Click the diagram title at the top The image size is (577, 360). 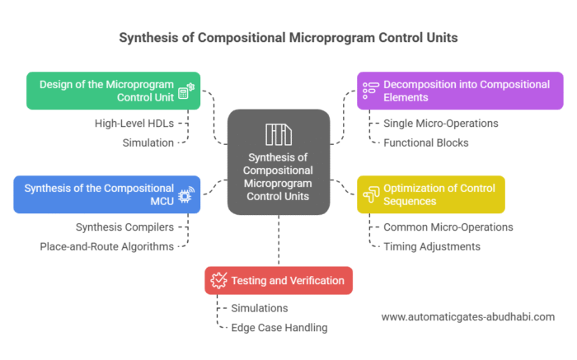point(288,37)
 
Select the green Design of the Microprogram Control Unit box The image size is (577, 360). point(113,91)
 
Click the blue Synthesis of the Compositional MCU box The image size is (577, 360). point(106,194)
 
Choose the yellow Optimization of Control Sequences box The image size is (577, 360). point(430,194)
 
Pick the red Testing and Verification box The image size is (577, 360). point(279,280)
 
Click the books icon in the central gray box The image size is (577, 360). point(278,134)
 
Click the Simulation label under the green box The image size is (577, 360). point(149,143)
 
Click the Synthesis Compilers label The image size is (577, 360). point(125,227)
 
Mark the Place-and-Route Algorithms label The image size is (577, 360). point(107,246)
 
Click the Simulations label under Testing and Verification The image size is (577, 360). point(259,307)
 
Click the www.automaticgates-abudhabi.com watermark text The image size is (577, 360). point(467,316)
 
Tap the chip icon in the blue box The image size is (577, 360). point(185,194)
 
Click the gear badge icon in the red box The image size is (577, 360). point(219,280)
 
